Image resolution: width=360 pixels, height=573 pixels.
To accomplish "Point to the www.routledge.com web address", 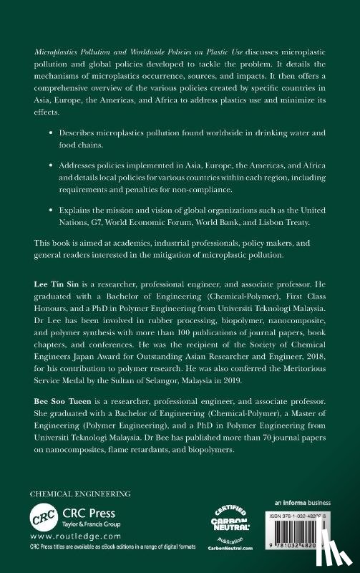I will coord(66,544).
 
